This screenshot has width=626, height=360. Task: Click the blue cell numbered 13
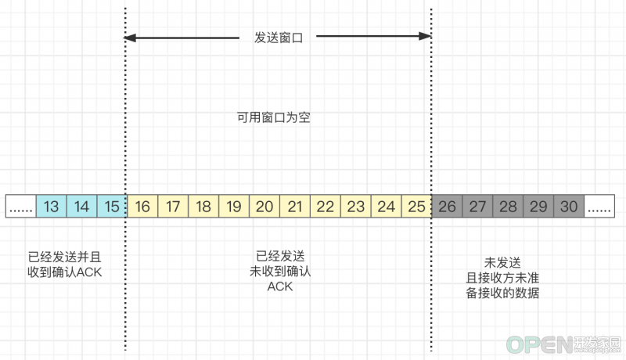[51, 207]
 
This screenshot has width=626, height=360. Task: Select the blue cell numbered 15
[112, 207]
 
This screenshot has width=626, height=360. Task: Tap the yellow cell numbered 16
[142, 207]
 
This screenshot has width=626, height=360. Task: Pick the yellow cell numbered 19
[234, 207]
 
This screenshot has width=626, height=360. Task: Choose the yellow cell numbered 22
[326, 207]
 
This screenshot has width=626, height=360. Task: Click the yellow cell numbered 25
[416, 207]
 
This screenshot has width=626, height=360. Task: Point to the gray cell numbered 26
[447, 207]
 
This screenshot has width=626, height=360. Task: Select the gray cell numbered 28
[508, 207]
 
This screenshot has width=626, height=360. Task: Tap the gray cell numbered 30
[569, 207]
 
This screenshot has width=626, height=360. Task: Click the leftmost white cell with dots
[21, 207]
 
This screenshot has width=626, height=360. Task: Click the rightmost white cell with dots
[599, 207]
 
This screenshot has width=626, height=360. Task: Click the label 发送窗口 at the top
[279, 38]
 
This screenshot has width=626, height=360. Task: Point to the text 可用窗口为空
[273, 117]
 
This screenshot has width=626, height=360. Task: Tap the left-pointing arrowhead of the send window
[130, 38]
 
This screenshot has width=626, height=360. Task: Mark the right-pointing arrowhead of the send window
[425, 36]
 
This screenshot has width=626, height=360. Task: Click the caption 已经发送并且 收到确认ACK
[65, 265]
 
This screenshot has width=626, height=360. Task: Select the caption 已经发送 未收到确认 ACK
[280, 271]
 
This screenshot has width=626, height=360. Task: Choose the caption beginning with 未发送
[502, 278]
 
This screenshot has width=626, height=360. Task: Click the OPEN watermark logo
[563, 345]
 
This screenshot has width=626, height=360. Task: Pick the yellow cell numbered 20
[264, 207]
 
